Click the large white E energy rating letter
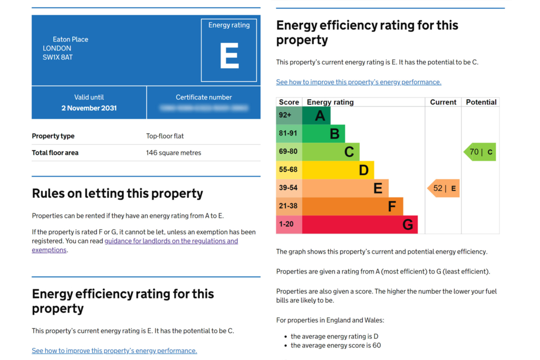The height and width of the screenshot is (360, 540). [x=229, y=55]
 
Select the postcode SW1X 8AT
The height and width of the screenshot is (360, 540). [x=57, y=57]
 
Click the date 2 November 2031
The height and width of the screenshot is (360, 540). [x=89, y=108]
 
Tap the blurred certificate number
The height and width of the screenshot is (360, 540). [x=204, y=108]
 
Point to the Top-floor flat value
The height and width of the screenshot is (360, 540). [x=165, y=136]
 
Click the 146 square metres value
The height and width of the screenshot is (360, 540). [x=173, y=153]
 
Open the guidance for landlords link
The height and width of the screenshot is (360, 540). [x=171, y=241]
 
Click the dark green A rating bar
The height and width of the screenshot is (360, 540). [x=316, y=115]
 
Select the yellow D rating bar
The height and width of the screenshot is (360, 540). [x=337, y=170]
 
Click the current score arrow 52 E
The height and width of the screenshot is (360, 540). [x=443, y=188]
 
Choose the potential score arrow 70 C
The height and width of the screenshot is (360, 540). [x=480, y=152]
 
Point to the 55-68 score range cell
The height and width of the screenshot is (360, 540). [x=288, y=170]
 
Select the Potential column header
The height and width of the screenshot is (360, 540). [x=481, y=102]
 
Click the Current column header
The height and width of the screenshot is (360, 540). [x=443, y=102]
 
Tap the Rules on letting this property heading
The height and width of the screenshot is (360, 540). [x=118, y=193]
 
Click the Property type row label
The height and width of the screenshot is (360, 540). [x=53, y=136]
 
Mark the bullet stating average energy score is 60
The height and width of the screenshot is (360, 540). [x=335, y=345]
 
